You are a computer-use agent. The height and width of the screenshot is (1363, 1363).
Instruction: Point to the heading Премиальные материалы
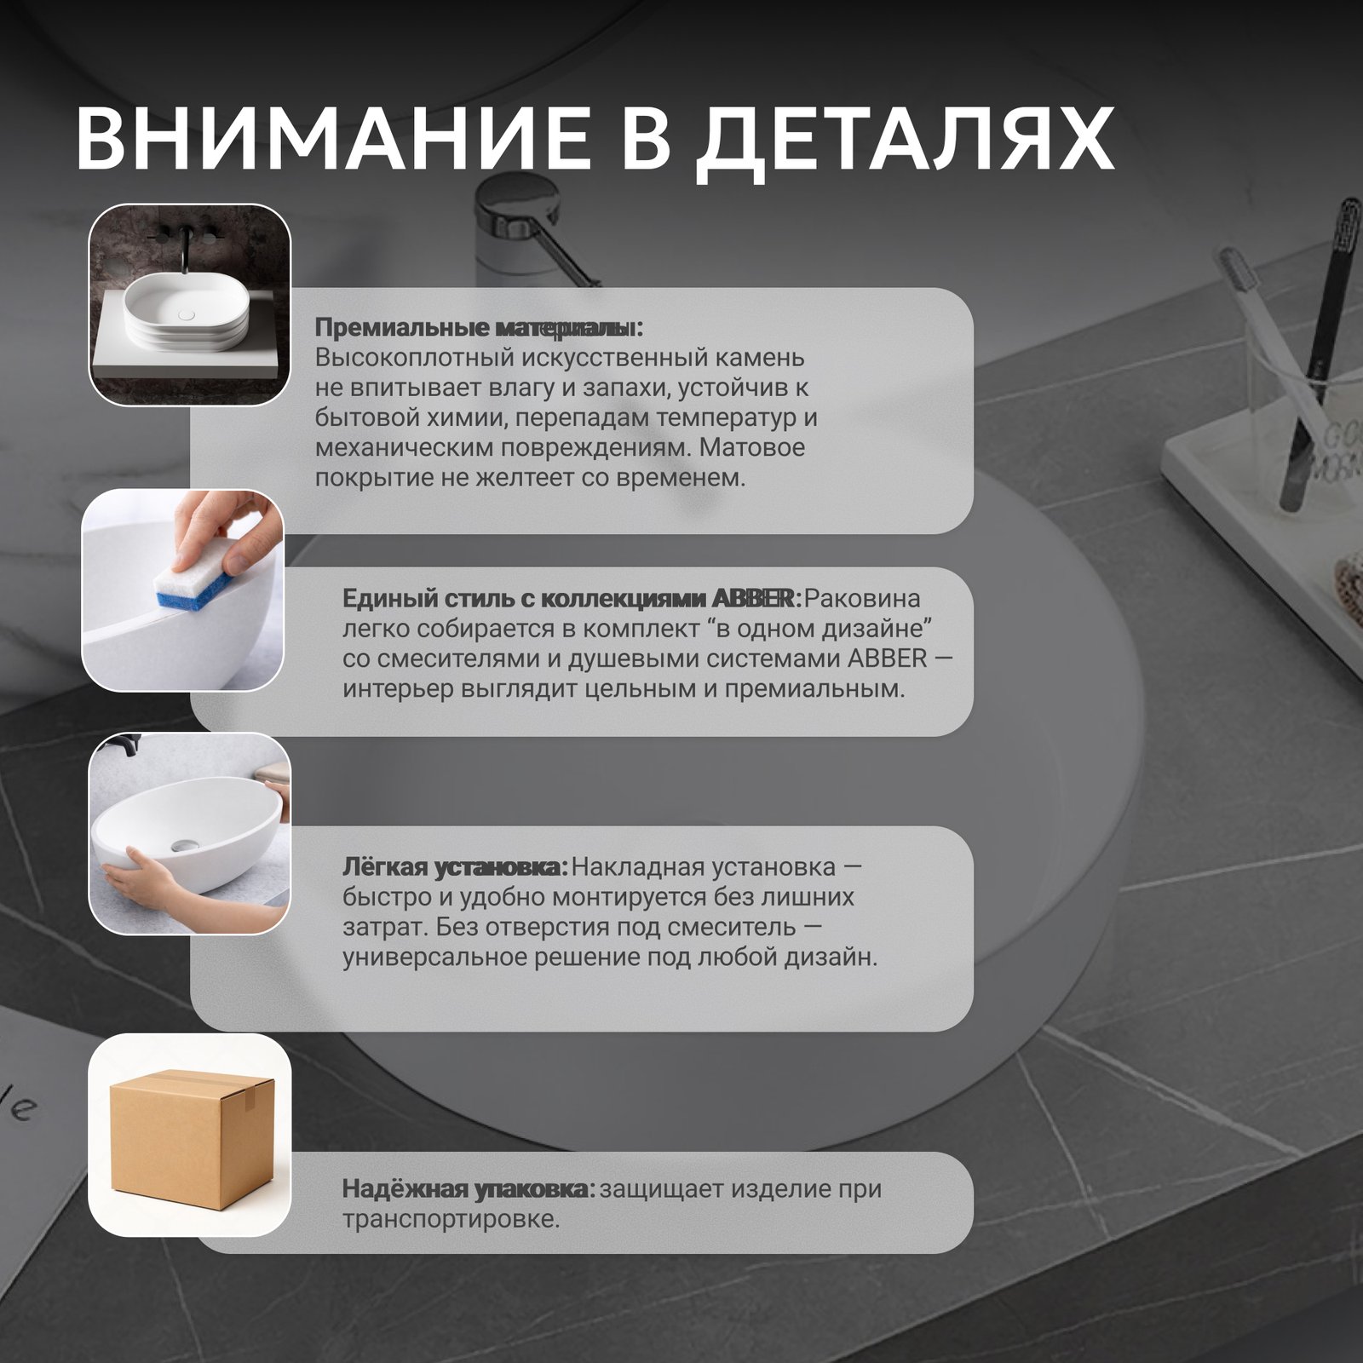[479, 327]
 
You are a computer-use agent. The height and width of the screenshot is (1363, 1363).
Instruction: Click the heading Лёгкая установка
[455, 867]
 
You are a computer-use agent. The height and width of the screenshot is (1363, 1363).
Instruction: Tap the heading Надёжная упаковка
[469, 1188]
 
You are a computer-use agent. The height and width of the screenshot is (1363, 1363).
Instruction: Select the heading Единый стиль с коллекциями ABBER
[572, 599]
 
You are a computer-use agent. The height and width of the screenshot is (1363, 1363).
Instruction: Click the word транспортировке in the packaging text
[451, 1220]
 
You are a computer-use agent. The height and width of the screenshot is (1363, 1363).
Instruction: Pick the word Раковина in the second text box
[862, 599]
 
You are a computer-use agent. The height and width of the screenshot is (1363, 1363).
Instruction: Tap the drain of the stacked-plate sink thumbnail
[187, 314]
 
